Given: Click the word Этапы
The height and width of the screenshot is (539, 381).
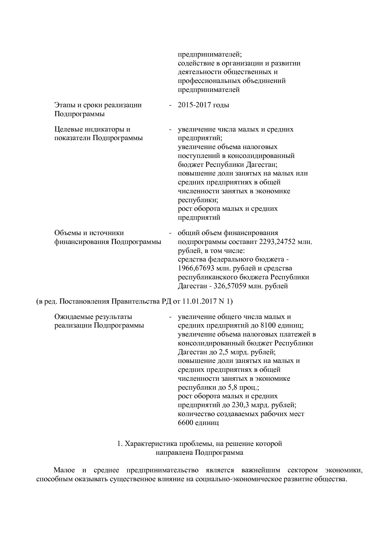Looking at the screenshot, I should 64,105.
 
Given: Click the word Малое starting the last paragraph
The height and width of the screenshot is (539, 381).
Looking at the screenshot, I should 64,470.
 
